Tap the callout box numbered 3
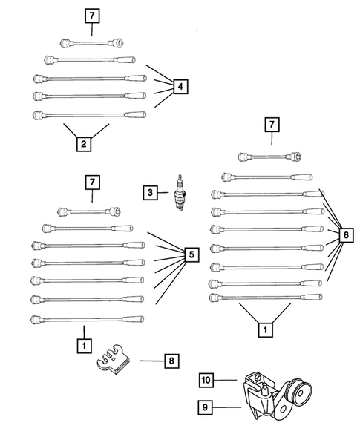point(151,193)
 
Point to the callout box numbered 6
point(344,235)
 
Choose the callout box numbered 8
point(171,361)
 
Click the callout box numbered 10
point(207,381)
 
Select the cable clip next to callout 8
point(114,359)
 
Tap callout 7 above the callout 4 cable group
point(91,16)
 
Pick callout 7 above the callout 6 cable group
point(272,125)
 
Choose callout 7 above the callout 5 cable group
point(91,182)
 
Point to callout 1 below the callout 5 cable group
point(84,345)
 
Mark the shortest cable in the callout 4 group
point(91,42)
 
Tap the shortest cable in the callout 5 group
point(90,211)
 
